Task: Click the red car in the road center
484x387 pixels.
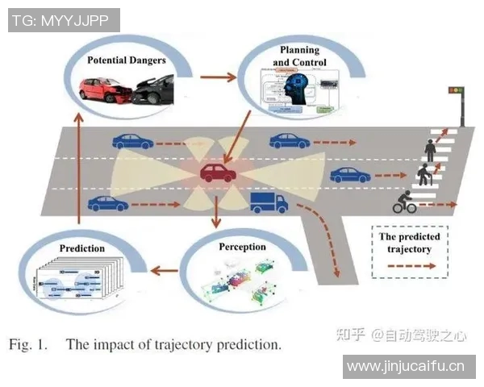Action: [x=219, y=172]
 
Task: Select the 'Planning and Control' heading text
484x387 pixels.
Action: [x=299, y=56]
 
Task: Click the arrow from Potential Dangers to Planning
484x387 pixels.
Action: [x=215, y=78]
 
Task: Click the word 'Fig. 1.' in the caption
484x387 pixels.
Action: [x=27, y=345]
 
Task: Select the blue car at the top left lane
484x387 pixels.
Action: [x=132, y=142]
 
